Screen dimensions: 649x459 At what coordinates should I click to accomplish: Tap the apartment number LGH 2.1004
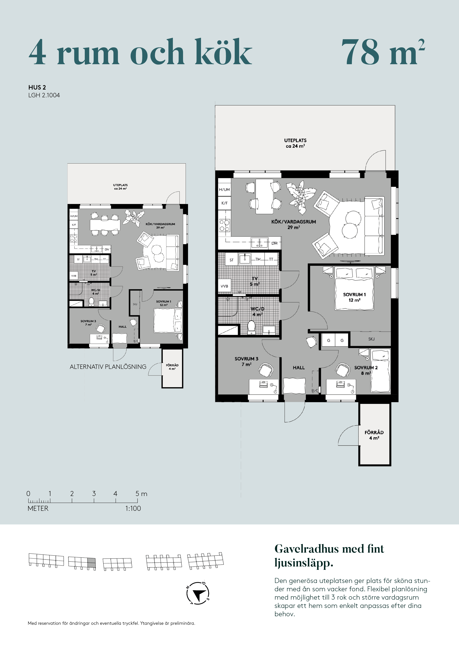pos(44,95)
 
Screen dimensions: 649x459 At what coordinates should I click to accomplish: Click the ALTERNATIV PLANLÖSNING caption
pos(108,367)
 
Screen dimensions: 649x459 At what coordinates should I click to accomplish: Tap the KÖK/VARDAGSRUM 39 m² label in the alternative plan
pos(160,226)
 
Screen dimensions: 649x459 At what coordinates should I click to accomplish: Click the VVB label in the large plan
pos(224,286)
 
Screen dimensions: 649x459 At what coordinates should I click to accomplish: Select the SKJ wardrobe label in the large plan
pos(371,339)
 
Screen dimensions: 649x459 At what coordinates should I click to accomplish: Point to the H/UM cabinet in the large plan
pos(224,190)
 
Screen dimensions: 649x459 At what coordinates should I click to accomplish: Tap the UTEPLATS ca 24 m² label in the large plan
pos(295,143)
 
